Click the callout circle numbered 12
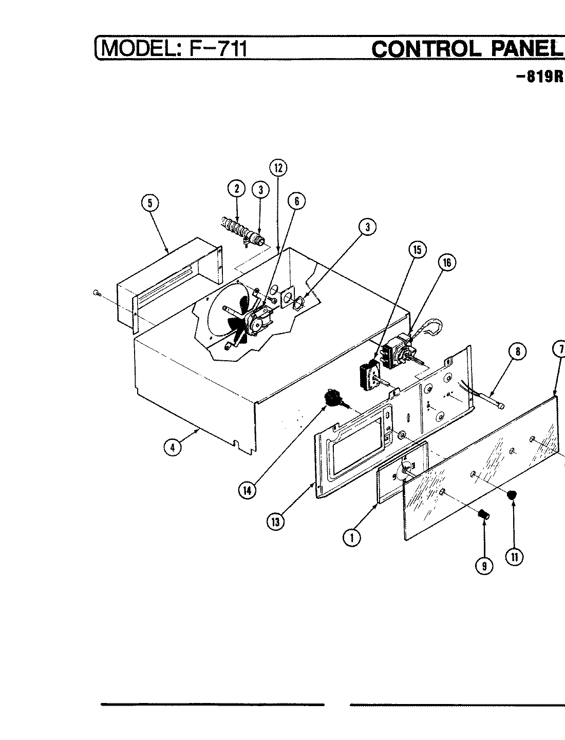(278, 168)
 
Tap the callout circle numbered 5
(150, 203)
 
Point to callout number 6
(296, 201)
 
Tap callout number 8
(517, 351)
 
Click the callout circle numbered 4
(173, 448)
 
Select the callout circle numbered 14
(248, 490)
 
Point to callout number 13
(275, 522)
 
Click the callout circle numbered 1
(352, 538)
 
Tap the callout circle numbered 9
(484, 566)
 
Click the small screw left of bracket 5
(97, 293)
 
